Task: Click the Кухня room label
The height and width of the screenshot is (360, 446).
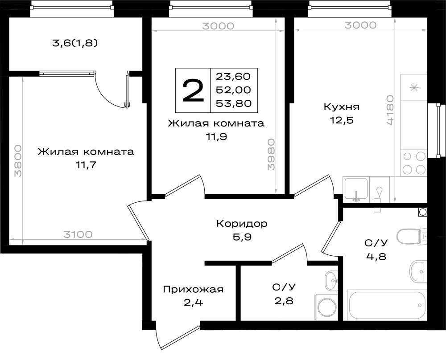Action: [342, 107]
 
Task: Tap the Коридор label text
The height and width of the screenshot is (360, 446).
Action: [242, 224]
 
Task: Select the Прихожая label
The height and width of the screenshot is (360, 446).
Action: [193, 290]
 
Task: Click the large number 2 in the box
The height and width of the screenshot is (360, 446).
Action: [193, 90]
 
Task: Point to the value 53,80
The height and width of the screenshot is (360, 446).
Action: [234, 103]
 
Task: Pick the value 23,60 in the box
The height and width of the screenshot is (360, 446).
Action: [233, 77]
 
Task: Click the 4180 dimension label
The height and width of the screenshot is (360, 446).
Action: [390, 110]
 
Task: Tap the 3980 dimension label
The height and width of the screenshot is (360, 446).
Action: [271, 154]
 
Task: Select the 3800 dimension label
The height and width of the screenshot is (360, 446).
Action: [18, 160]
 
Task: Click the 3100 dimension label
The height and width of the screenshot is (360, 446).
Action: [78, 234]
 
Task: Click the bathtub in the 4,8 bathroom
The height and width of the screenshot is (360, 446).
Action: [387, 305]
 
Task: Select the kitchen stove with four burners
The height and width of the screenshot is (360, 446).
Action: [414, 163]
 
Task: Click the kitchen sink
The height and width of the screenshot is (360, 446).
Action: [356, 189]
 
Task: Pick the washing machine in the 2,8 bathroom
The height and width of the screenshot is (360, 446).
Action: [326, 307]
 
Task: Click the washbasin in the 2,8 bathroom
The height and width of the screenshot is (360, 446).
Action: [331, 280]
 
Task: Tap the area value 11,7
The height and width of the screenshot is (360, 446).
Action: [86, 165]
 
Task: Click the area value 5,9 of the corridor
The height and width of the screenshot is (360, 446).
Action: [242, 237]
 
